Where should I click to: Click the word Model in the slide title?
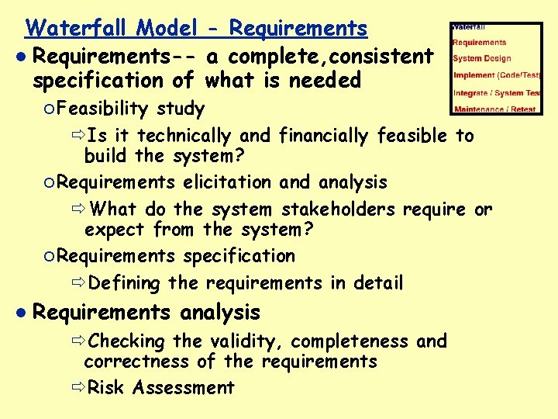pos(166,29)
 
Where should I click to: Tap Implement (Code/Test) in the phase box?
pos(497,75)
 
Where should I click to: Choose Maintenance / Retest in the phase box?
pos(495,109)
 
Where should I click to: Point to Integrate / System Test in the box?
pos(497,92)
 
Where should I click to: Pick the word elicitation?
pos(228,182)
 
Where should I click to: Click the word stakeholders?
pos(333,209)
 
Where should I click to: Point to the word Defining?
pos(124,283)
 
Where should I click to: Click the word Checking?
pos(127,341)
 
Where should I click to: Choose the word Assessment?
pos(184,387)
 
